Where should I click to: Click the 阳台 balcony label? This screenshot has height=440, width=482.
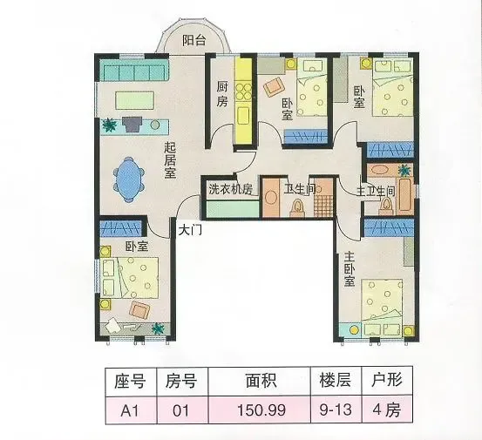(x=194, y=40)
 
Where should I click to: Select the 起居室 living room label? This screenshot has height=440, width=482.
(x=170, y=160)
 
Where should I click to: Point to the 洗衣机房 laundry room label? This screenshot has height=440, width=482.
(x=231, y=189)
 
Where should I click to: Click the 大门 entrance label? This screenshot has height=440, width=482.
(x=190, y=230)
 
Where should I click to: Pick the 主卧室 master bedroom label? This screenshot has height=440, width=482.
(x=350, y=269)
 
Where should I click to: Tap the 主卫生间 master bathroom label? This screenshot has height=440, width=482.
(x=376, y=192)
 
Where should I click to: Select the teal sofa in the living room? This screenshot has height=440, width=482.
(x=133, y=71)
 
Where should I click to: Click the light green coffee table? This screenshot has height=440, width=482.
(x=134, y=100)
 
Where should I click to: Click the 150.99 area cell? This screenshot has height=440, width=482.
(x=261, y=410)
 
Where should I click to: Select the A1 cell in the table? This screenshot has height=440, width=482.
(x=130, y=410)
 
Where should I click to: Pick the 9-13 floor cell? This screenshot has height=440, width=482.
(x=336, y=410)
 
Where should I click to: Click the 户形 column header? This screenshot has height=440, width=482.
(x=387, y=381)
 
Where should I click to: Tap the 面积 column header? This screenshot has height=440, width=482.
(x=261, y=381)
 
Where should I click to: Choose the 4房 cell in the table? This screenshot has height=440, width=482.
(x=387, y=410)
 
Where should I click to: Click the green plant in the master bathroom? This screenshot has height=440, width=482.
(x=404, y=170)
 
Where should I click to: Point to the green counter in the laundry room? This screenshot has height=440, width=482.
(x=233, y=209)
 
